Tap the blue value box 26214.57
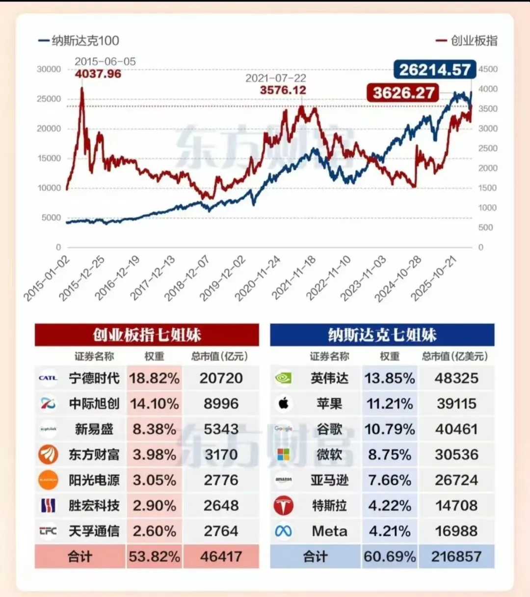tap(434, 70)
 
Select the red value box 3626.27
tap(403, 93)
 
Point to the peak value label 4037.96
tap(98, 74)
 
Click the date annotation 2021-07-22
tap(275, 78)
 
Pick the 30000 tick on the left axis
tap(49, 69)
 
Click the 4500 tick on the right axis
tap(488, 69)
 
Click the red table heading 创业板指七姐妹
tap(147, 335)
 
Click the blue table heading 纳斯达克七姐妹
tap(382, 335)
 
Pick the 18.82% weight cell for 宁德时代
tap(154, 378)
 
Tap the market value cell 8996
tap(221, 404)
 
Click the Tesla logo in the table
tap(283, 506)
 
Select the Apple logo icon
tap(283, 404)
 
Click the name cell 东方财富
tap(94, 455)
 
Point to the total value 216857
tap(456, 557)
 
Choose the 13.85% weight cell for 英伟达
tap(389, 378)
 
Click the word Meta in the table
tap(329, 531)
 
